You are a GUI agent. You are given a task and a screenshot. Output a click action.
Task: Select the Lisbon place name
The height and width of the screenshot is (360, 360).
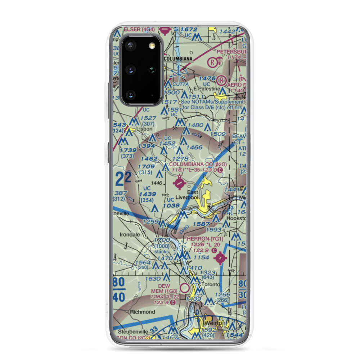tap(145, 129)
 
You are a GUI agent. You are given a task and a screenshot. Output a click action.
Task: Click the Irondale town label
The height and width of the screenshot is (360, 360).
tap(129, 235)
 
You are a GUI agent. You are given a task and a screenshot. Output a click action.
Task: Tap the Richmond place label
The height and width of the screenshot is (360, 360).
tap(140, 312)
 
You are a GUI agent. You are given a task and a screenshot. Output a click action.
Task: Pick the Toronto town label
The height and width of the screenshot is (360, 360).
tap(210, 284)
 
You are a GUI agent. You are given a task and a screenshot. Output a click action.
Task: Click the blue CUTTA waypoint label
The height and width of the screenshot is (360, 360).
tap(180, 84)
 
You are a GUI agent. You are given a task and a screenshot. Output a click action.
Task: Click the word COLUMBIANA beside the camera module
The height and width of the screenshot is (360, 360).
tap(178, 58)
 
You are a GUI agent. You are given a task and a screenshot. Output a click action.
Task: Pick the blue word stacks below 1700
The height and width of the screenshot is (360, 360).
tap(161, 252)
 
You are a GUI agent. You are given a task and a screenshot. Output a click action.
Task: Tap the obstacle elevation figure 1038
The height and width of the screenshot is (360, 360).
tap(171, 206)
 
